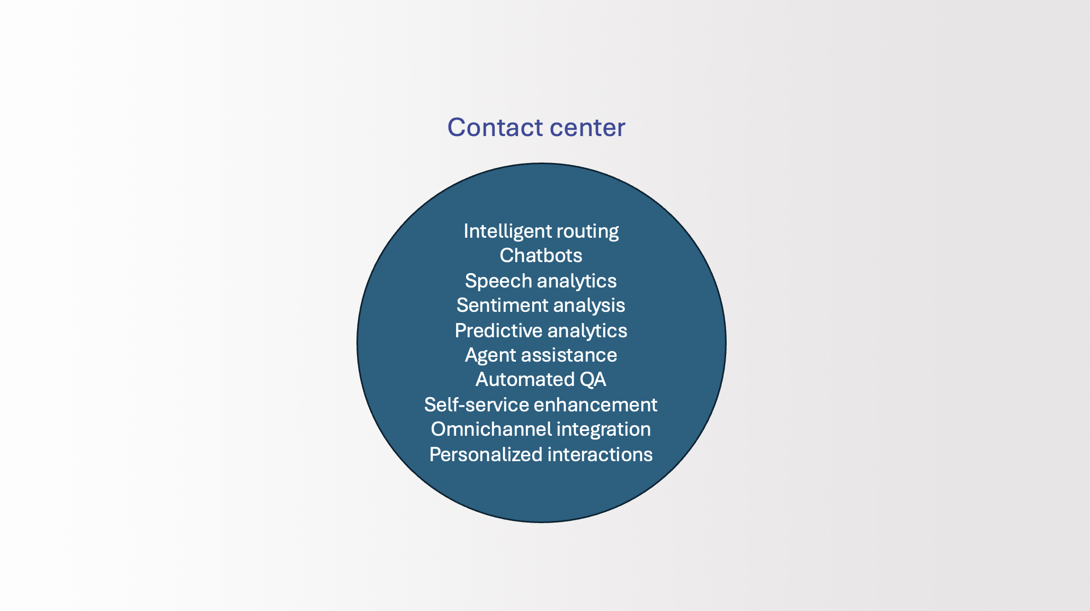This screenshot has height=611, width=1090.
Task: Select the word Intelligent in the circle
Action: [507, 232]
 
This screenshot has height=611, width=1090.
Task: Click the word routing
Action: [587, 232]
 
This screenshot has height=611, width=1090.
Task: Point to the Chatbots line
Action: [541, 256]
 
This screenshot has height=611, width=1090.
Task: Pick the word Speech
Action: [498, 281]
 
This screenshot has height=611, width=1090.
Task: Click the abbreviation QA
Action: [593, 380]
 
